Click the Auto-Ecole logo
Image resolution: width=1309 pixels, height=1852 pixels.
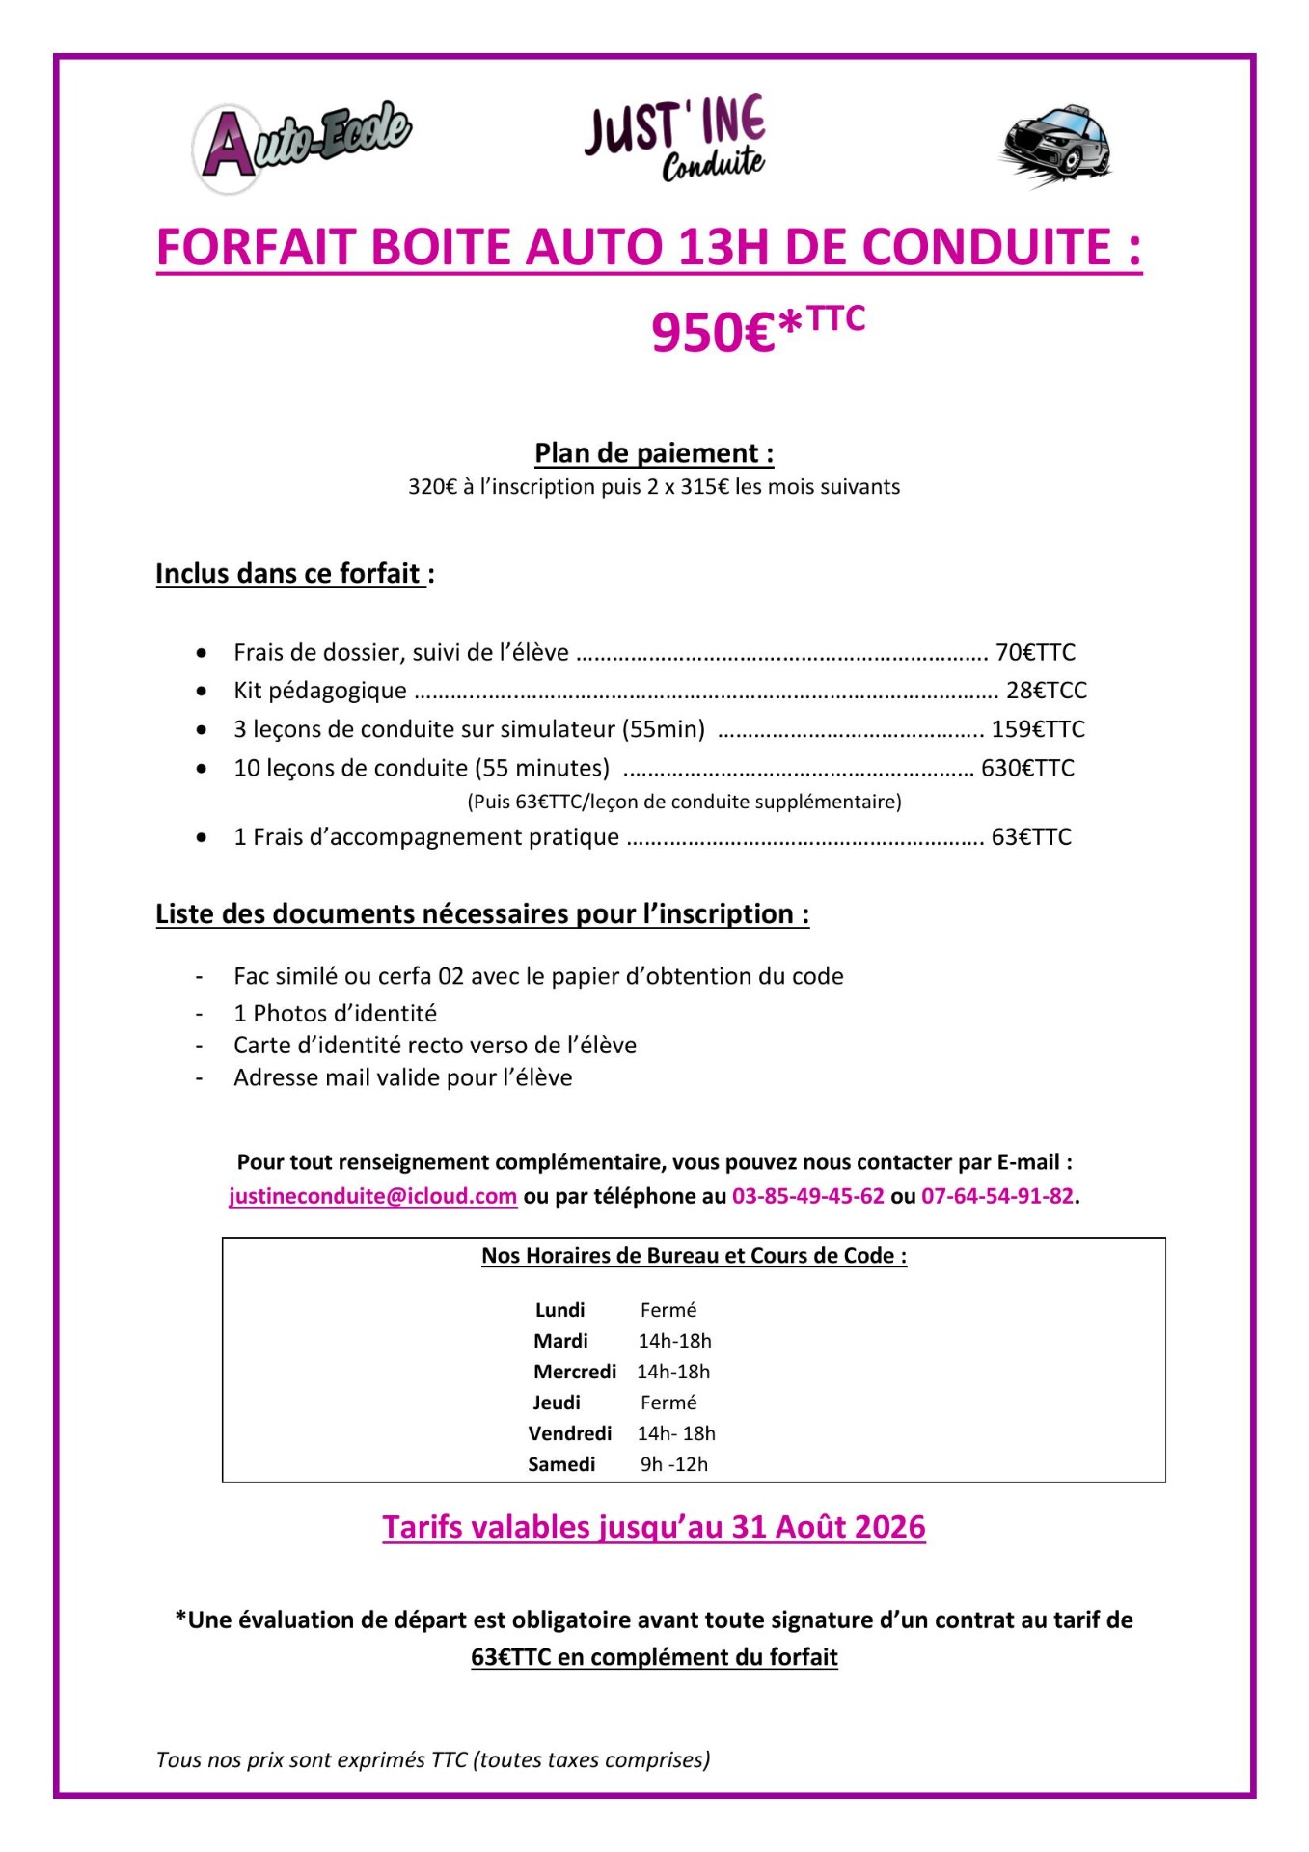[x=301, y=146]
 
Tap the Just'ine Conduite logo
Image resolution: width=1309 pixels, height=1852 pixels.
[x=674, y=139]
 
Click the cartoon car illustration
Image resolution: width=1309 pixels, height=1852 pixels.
[x=1055, y=146]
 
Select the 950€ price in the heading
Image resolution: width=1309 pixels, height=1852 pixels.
[x=714, y=333]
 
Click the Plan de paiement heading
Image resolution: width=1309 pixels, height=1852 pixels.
[x=654, y=453]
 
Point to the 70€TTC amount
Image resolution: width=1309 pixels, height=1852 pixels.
[x=1035, y=653]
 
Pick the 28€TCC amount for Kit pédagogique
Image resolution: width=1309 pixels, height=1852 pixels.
[x=1046, y=691]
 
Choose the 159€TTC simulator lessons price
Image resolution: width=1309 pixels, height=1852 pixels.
[x=1038, y=729]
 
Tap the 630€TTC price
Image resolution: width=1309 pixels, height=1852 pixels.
[x=1027, y=768]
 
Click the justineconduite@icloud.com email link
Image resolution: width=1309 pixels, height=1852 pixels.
[x=373, y=1196]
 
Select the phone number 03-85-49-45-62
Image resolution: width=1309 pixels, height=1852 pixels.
[x=808, y=1196]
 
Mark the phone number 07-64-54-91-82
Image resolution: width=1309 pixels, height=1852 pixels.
[x=997, y=1196]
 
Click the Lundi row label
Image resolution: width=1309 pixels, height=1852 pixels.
[x=559, y=1310]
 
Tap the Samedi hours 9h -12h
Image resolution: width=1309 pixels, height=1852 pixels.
[x=673, y=1464]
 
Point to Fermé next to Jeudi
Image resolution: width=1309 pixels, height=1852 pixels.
[x=668, y=1403]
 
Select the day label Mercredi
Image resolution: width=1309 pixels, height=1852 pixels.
[x=575, y=1372]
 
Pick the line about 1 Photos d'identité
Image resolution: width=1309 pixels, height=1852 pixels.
[x=335, y=1013]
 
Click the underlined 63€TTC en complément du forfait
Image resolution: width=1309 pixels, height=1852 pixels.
[x=654, y=1657]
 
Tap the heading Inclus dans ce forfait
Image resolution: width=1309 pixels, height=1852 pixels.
[x=290, y=574]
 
